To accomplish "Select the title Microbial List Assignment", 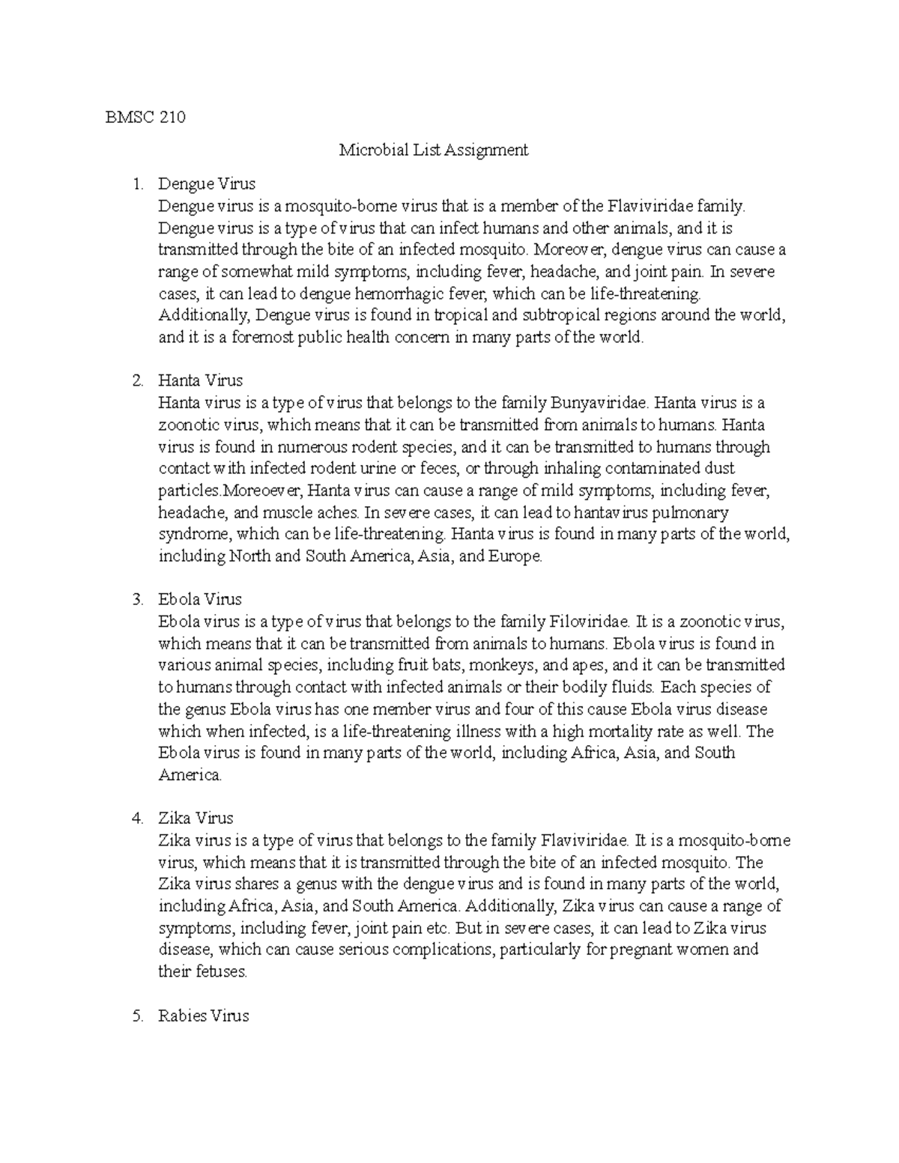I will pos(434,150).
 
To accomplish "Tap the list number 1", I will pos(136,183).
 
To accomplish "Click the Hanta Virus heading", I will pos(200,381).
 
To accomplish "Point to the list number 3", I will pos(136,600).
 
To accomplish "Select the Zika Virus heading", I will pos(196,819).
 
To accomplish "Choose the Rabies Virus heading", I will pos(203,1016).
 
